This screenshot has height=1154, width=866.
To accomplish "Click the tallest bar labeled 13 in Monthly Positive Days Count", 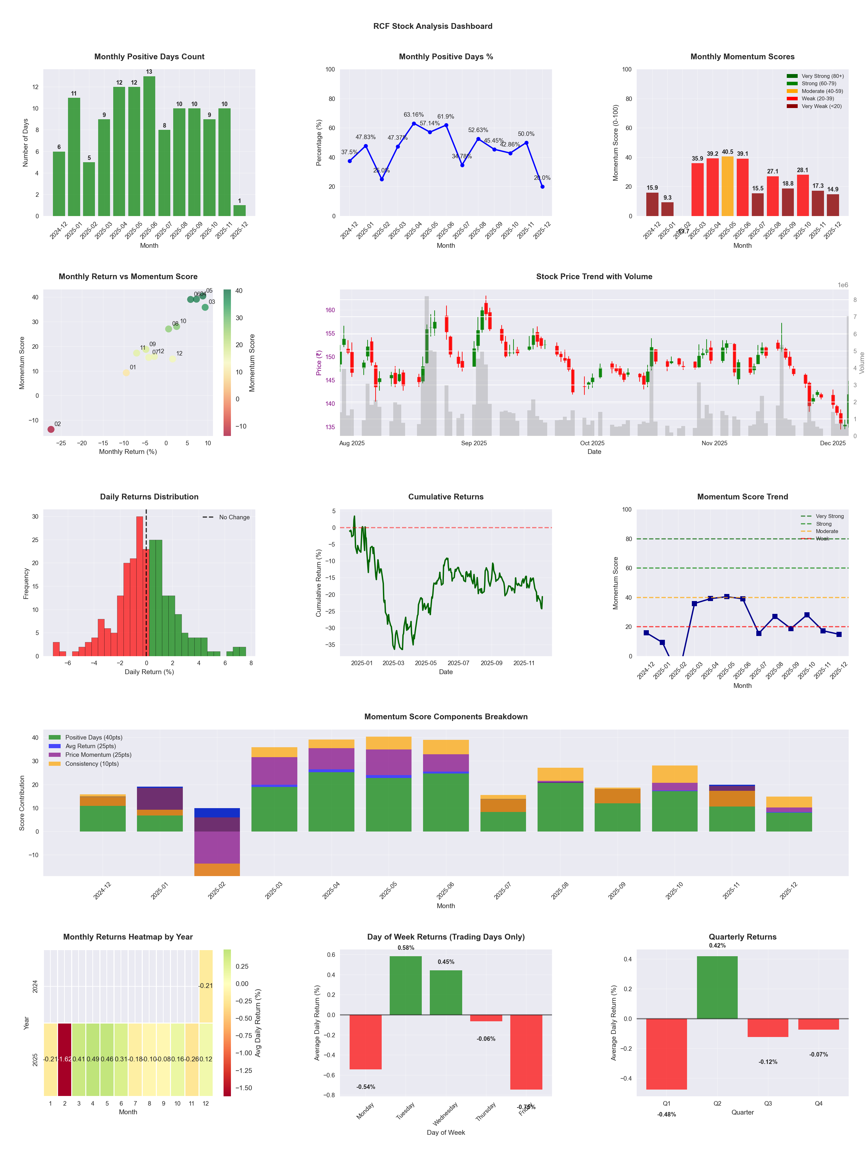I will pos(149,146).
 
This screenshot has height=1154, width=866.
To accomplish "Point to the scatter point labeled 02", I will pos(51,429).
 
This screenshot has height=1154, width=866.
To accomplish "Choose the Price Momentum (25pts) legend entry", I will pos(98,755).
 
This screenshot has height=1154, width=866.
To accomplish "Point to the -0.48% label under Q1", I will pos(666,1114).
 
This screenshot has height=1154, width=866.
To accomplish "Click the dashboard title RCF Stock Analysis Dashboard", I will pos(432,26).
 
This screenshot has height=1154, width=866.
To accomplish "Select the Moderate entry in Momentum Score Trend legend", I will pos(826,531).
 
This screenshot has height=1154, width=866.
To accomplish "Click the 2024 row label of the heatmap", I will pos(35,987).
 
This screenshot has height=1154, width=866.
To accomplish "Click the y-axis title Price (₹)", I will pos(318,363).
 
